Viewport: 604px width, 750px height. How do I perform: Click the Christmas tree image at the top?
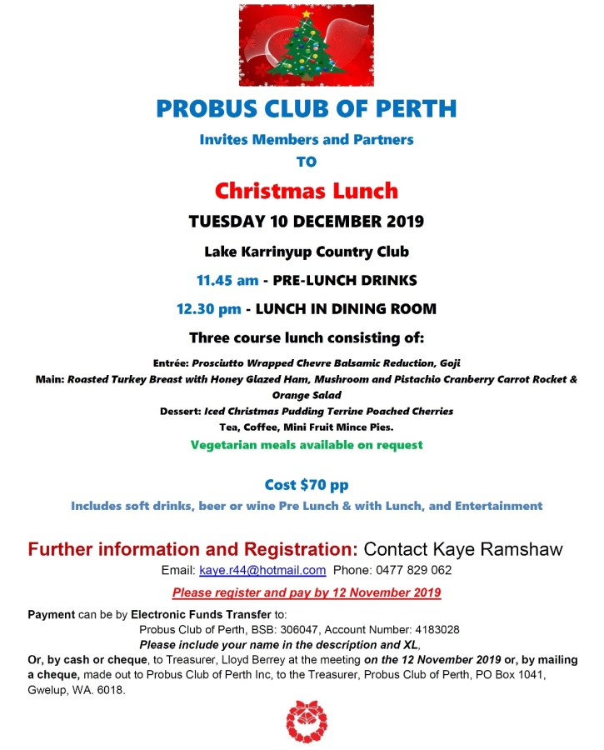point(306,46)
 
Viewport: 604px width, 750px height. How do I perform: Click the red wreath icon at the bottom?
point(306,722)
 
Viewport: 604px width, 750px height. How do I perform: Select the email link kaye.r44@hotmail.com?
point(262,571)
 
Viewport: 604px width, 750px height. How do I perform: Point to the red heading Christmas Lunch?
point(306,191)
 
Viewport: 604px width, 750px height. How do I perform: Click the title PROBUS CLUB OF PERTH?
point(306,108)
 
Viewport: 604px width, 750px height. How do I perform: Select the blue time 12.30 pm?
point(208,309)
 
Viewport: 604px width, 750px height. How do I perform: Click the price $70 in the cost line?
point(314,484)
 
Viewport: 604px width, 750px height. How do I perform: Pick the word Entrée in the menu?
point(172,364)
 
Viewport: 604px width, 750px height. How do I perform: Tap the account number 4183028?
point(430,629)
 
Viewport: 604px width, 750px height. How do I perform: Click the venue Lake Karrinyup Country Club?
point(306,251)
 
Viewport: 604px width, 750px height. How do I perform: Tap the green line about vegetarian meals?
point(306,445)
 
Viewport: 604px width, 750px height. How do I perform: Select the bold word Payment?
point(52,614)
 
